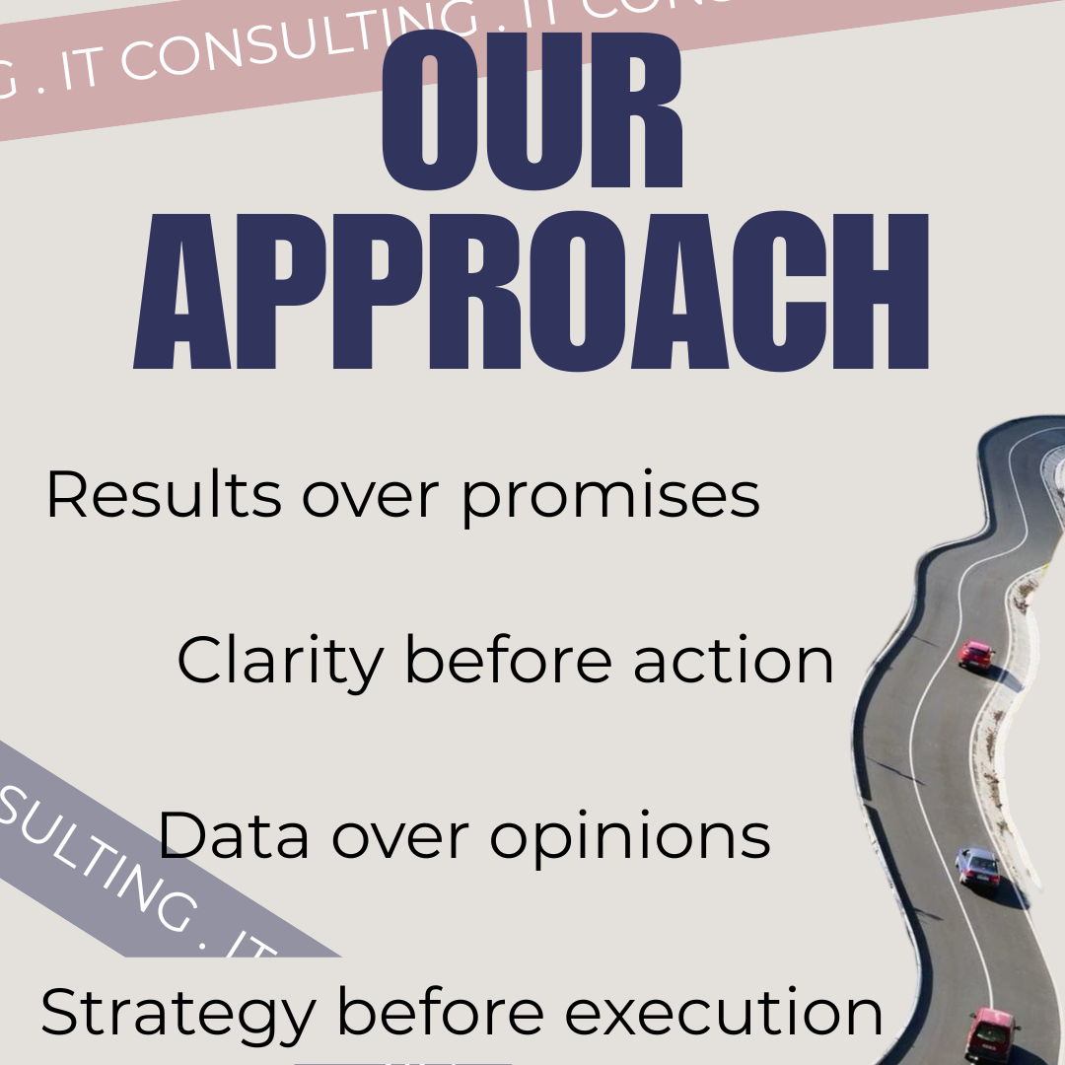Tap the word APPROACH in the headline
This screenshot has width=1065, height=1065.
[x=532, y=292]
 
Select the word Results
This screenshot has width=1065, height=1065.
[x=164, y=495]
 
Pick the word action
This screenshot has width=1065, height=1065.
[x=734, y=661]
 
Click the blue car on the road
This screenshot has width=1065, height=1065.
[x=977, y=867]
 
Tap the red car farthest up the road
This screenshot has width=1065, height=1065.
[x=976, y=654]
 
